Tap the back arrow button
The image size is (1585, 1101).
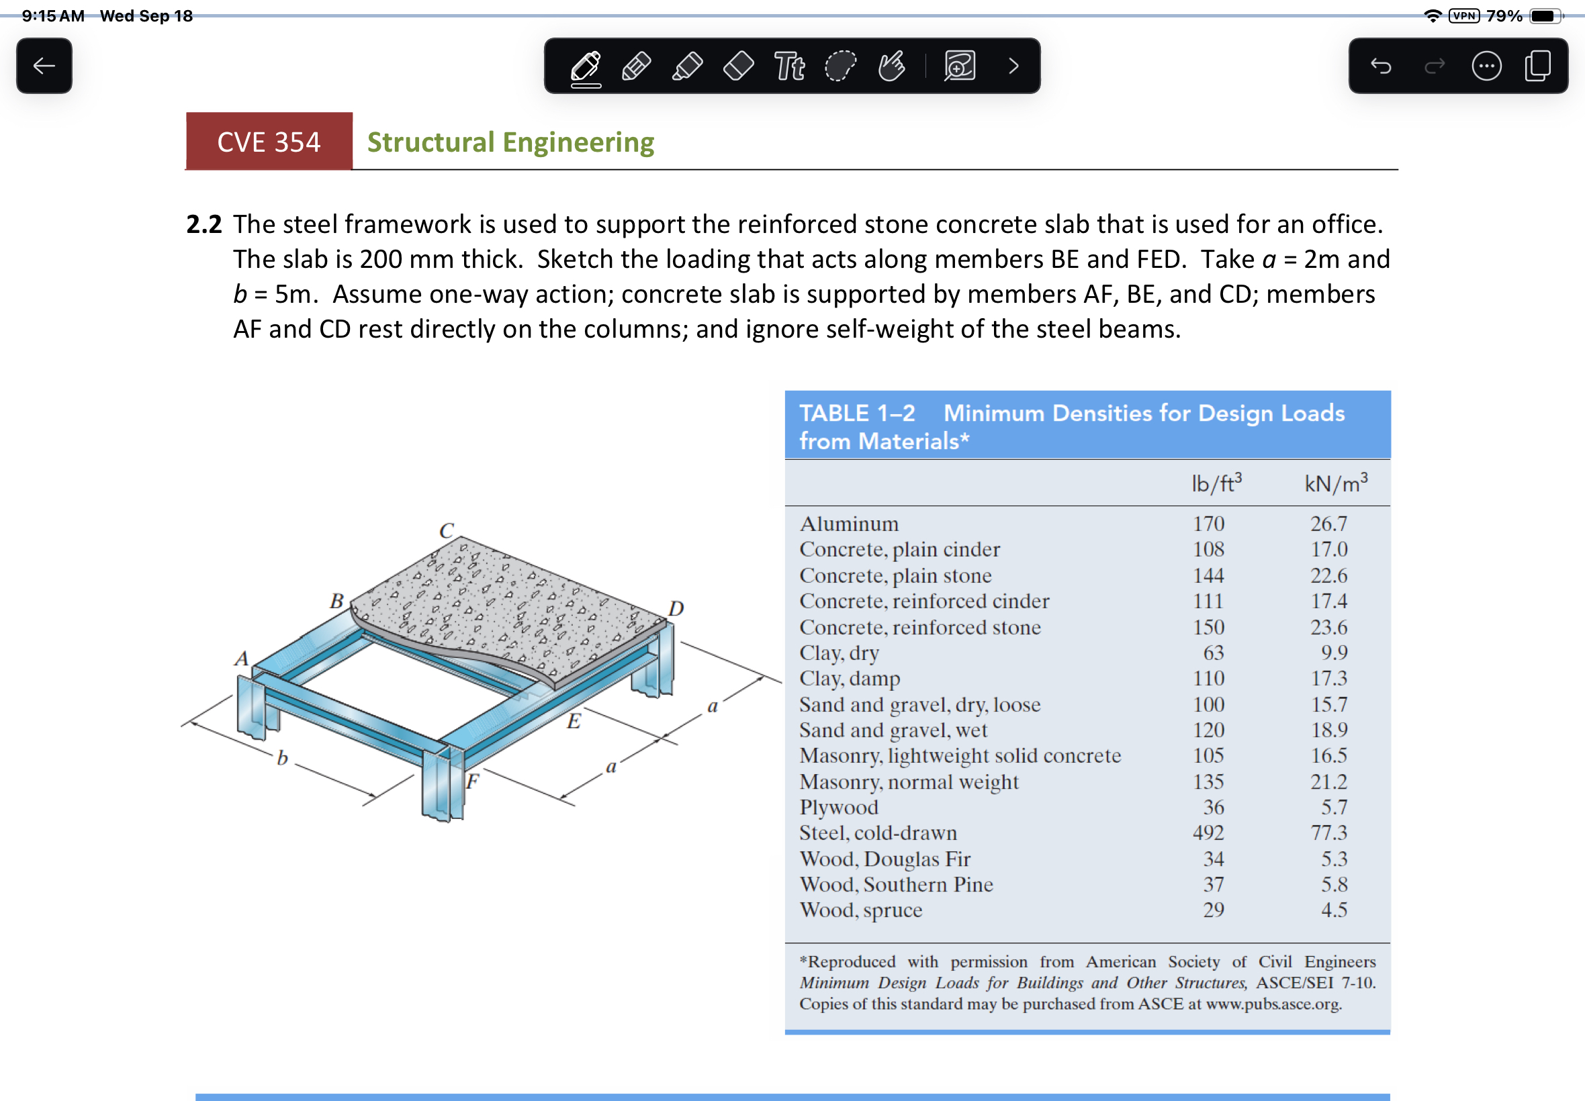(x=44, y=66)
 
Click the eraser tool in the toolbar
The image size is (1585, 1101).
(x=738, y=66)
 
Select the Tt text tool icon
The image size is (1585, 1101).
(x=788, y=66)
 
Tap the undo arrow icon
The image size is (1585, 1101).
(x=1381, y=66)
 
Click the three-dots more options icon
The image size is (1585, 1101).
(x=1486, y=66)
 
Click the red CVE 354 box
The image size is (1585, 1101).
(x=269, y=142)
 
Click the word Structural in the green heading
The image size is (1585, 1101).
(x=431, y=142)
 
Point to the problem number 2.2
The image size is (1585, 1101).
(x=203, y=224)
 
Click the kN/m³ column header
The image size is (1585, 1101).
(x=1335, y=483)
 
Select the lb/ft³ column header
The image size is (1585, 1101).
(x=1216, y=483)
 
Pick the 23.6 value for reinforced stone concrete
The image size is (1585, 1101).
(x=1328, y=627)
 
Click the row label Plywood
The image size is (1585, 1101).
(x=838, y=807)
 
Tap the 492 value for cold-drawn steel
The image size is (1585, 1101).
(x=1208, y=832)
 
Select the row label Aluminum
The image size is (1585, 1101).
(x=849, y=524)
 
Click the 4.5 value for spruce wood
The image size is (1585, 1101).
(x=1334, y=910)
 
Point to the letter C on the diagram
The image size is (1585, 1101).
(x=447, y=530)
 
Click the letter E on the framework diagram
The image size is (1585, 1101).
(x=574, y=722)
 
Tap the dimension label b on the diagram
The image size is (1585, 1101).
(x=282, y=758)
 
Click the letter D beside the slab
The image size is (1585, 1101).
(x=676, y=608)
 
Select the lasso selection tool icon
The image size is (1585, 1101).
(x=840, y=66)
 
